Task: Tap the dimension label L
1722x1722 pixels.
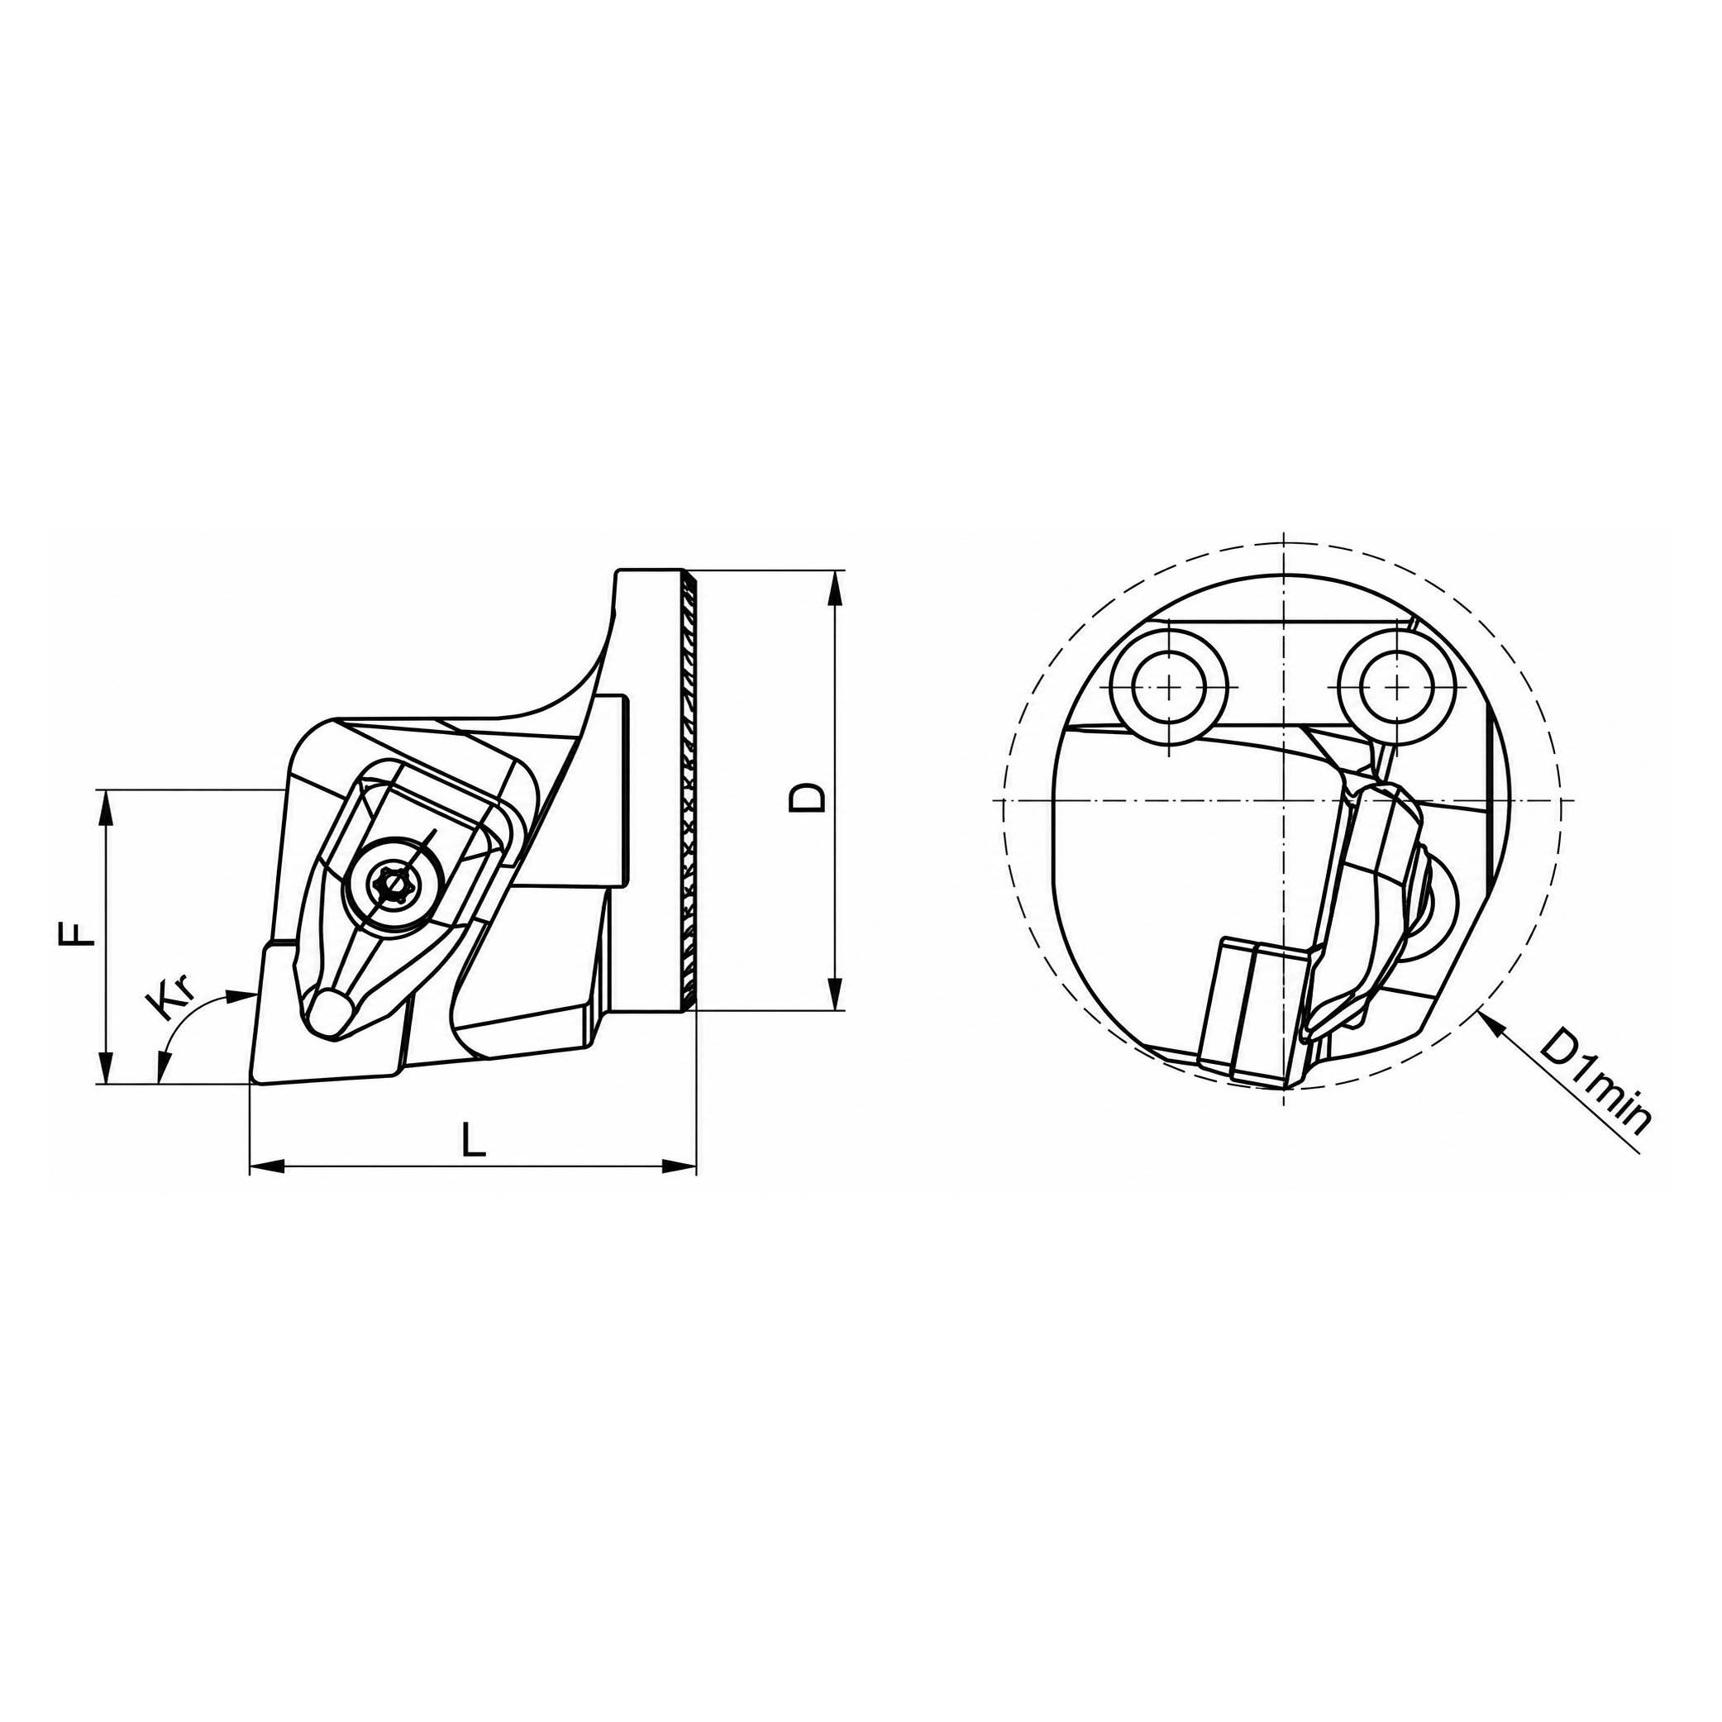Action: (474, 1139)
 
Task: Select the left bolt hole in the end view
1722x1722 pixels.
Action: (1168, 686)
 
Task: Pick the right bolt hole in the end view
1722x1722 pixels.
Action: (1399, 686)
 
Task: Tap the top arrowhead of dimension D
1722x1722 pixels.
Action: (835, 589)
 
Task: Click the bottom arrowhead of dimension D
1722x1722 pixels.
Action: (835, 992)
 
